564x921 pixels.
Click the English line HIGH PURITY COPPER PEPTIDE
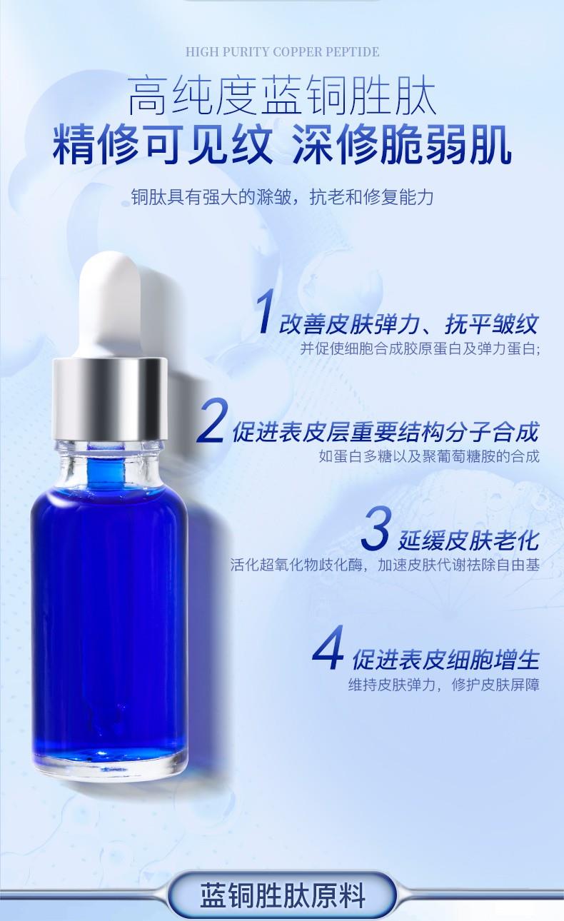283,52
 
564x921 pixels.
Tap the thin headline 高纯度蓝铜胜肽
282,96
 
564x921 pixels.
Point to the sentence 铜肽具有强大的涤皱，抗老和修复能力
283,197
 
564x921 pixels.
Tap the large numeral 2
212,421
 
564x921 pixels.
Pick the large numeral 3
375,529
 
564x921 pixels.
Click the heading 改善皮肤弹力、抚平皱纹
408,324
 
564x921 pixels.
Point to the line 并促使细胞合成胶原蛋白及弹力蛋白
420,348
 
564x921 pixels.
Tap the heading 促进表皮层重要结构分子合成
386,432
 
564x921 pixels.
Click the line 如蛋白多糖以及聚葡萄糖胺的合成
429,456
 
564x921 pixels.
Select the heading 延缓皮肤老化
468,540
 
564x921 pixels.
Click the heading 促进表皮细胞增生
445,660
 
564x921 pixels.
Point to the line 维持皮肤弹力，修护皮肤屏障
444,685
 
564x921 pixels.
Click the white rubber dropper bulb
110,305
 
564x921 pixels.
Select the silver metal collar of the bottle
109,399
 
